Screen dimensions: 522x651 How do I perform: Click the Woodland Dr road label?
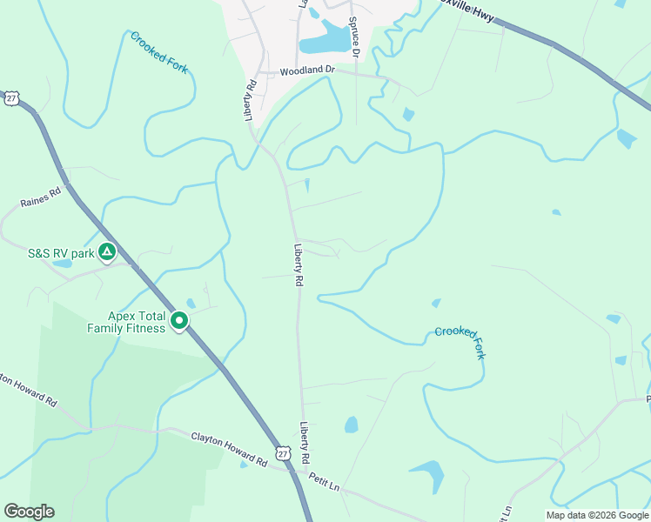(x=307, y=70)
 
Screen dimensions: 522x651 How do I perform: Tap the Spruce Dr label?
(x=354, y=37)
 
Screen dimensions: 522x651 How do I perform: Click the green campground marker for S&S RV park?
(x=106, y=253)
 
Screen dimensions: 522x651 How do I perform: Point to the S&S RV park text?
(x=60, y=253)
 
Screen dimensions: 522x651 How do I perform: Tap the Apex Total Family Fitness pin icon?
(x=180, y=322)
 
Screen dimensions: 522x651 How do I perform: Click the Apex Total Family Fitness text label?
(x=125, y=322)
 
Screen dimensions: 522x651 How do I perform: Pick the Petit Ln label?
(x=324, y=483)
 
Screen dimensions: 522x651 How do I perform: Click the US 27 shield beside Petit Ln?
(x=282, y=454)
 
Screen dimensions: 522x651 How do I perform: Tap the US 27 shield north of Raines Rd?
(x=10, y=98)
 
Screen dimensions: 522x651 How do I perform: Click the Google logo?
(x=29, y=512)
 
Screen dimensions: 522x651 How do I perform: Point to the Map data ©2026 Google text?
(x=597, y=515)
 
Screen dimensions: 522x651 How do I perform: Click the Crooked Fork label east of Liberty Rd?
(x=460, y=343)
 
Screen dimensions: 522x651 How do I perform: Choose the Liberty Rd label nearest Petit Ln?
(x=305, y=443)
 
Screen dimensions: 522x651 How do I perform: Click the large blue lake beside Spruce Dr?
(x=323, y=41)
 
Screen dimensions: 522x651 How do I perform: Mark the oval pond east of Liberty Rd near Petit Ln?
(x=351, y=425)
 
